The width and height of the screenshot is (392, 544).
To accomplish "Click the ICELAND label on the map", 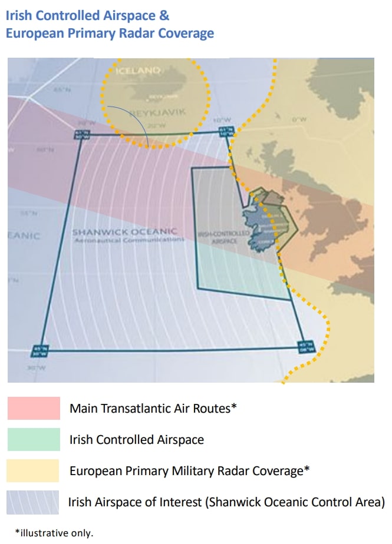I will click(x=139, y=71).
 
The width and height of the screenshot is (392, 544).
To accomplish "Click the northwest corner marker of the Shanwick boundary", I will click(x=81, y=134).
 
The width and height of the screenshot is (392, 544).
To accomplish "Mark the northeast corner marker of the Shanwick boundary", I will click(x=223, y=131).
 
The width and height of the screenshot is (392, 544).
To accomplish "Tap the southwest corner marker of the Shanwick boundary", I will click(x=40, y=351).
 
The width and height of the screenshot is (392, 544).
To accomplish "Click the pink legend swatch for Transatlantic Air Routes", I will click(x=34, y=408).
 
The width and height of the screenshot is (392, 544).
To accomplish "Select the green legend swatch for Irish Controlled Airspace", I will click(x=34, y=440).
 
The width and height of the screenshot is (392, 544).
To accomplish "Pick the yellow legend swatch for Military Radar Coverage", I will click(x=34, y=471).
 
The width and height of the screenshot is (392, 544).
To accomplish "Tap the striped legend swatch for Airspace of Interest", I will click(x=34, y=502).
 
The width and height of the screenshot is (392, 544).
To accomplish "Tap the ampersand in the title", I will click(x=164, y=15).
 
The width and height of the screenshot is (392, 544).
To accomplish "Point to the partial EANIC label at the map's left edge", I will click(x=24, y=236).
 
